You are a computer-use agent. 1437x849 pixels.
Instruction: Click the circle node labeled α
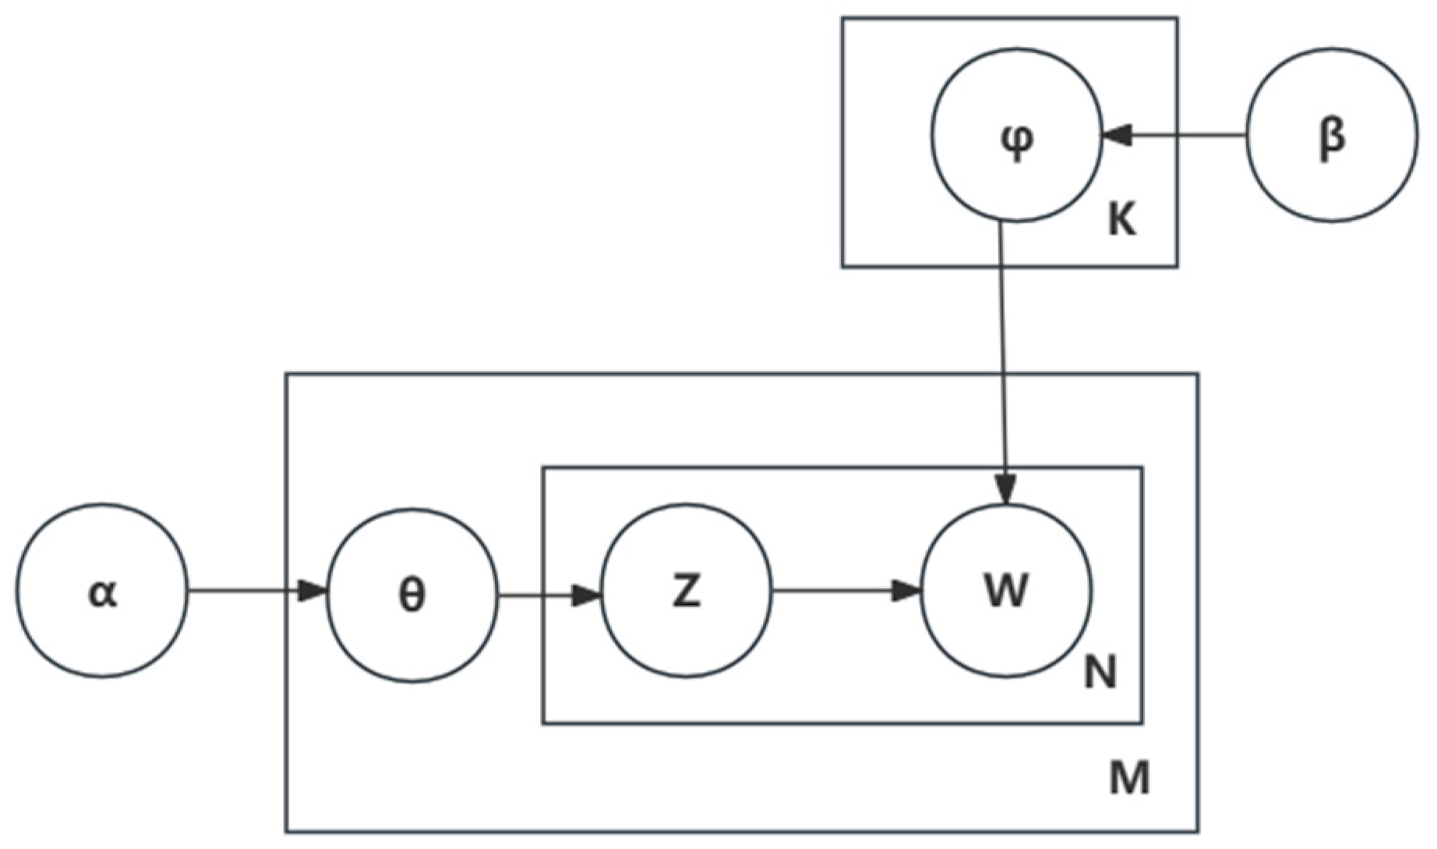coord(102,590)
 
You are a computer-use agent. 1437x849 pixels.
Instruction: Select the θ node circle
coord(411,595)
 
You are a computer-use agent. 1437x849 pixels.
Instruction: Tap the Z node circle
coord(687,591)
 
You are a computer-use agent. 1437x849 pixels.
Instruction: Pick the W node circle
coord(1006,590)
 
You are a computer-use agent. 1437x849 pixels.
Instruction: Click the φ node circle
coord(1017,135)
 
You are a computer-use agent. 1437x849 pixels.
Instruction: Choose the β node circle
coord(1332,135)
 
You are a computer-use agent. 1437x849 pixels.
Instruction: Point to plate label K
coord(1121,221)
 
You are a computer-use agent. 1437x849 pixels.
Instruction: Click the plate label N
coord(1100,672)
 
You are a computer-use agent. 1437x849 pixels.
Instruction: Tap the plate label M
coord(1129,778)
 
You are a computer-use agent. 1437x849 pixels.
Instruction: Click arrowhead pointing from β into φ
coord(1116,136)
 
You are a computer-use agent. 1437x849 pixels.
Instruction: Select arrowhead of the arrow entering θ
coord(313,590)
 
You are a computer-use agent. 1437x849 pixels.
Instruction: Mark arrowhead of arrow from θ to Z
coord(586,597)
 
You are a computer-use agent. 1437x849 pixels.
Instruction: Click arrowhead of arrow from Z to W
coord(906,590)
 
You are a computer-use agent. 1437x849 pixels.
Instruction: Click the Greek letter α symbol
coord(102,593)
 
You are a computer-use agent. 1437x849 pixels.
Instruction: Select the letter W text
coord(1006,590)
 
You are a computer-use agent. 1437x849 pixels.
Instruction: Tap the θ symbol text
coord(411,596)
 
